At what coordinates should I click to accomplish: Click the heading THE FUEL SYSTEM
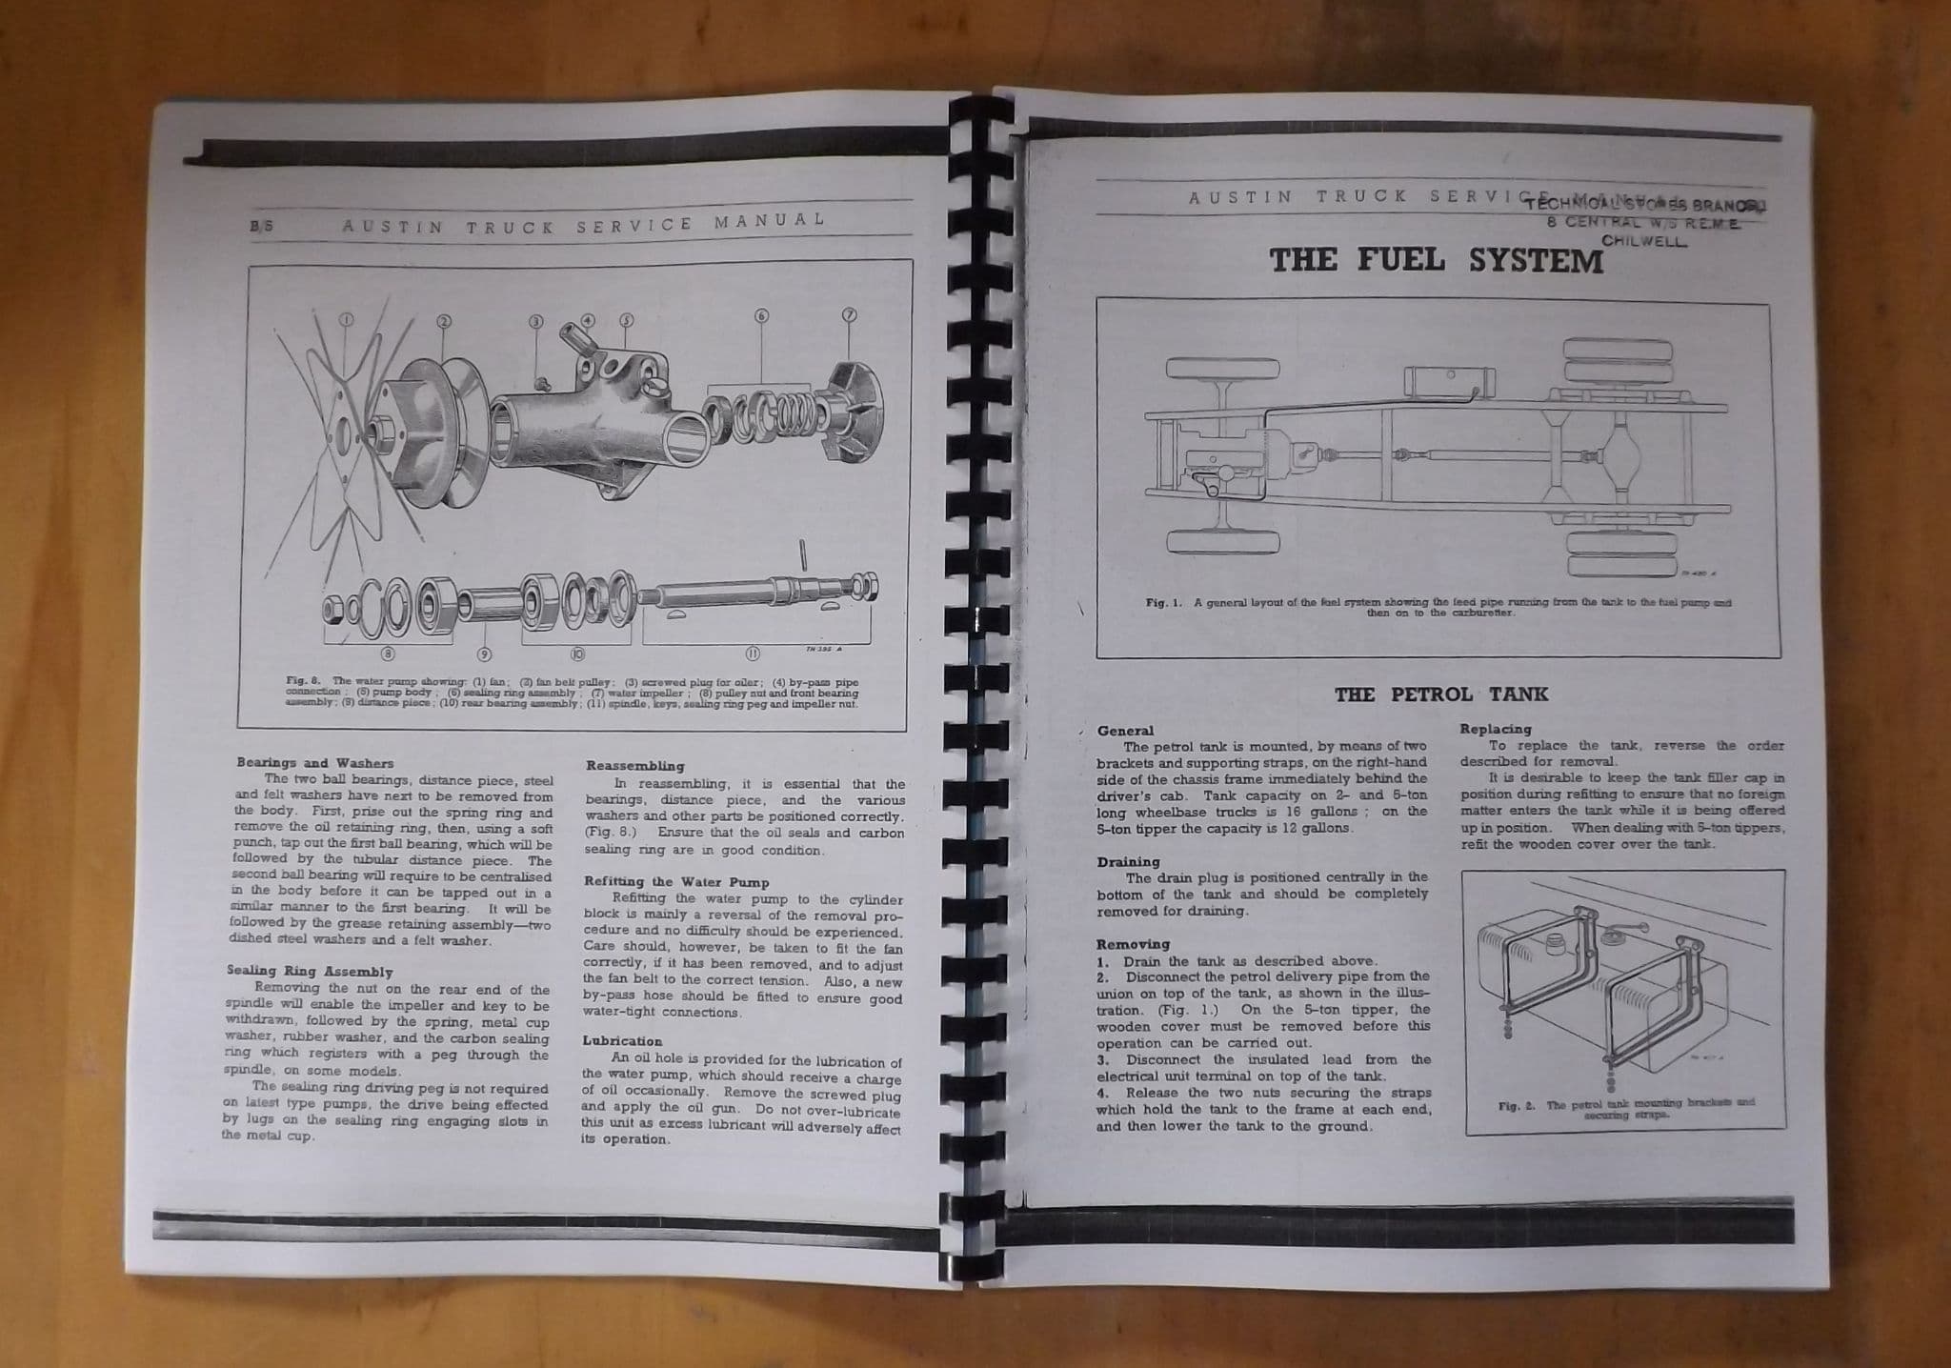[1437, 260]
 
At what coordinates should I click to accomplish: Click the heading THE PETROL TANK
[1440, 694]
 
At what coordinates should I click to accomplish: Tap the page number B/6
[260, 227]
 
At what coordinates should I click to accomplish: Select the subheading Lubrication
[622, 1041]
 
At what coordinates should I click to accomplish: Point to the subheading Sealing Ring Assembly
[310, 972]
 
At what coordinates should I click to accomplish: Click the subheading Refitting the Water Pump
[676, 882]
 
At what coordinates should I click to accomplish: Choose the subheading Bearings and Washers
[314, 763]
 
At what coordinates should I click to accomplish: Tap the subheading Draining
[1129, 862]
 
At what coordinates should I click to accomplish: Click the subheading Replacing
[1496, 729]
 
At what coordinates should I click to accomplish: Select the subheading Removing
[1133, 944]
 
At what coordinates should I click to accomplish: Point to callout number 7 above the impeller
[850, 315]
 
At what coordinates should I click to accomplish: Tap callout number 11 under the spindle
[753, 654]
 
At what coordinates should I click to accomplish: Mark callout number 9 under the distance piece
[484, 654]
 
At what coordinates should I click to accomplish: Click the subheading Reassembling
[634, 765]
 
